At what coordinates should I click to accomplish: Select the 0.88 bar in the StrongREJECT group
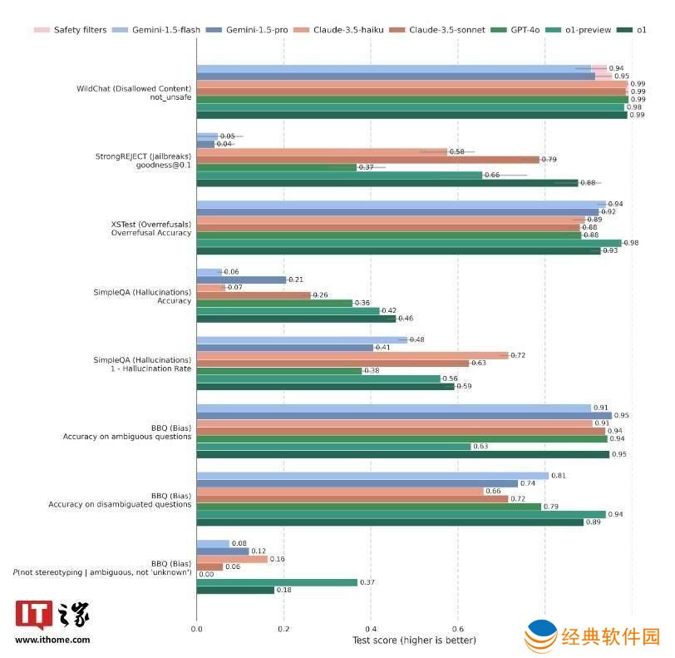click(387, 183)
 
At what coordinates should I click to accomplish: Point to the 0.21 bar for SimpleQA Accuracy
click(241, 280)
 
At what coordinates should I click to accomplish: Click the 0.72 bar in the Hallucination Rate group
click(352, 355)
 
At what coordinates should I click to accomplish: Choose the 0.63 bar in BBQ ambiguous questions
click(333, 447)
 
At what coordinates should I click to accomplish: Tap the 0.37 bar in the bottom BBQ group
click(277, 582)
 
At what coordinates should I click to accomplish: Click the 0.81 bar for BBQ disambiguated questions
click(372, 476)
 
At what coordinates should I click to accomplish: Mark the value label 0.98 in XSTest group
click(631, 243)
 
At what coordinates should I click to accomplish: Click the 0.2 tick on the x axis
click(284, 629)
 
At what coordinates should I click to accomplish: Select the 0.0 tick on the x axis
click(197, 629)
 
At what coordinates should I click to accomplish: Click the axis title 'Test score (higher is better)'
click(414, 641)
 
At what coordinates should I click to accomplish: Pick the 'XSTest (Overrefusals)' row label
click(151, 224)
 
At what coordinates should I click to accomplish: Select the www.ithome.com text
click(52, 640)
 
